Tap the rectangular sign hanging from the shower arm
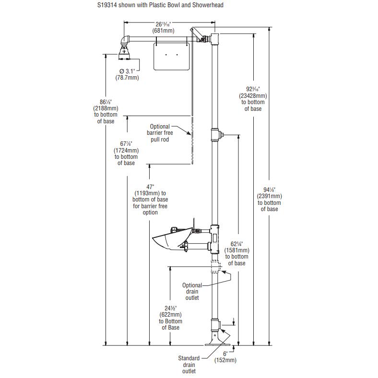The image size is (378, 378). tap(171, 57)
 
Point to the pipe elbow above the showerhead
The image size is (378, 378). tap(125, 40)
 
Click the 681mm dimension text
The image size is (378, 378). tap(163, 31)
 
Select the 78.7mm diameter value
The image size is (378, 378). tap(127, 78)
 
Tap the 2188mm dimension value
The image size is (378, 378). tap(106, 108)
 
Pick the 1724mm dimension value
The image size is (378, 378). tap(126, 151)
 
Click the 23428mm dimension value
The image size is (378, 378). tap(253, 96)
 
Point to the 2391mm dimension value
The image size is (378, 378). tap(269, 196)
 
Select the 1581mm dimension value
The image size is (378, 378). tap(237, 250)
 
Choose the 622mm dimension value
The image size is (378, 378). tap(170, 315)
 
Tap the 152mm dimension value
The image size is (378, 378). tap(225, 360)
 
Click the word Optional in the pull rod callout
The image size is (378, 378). tap(160, 127)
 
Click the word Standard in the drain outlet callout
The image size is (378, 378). tap(189, 358)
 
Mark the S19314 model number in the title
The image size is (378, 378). tap(107, 5)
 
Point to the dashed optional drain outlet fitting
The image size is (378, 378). tap(216, 266)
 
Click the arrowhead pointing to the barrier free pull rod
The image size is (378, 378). tap(189, 132)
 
